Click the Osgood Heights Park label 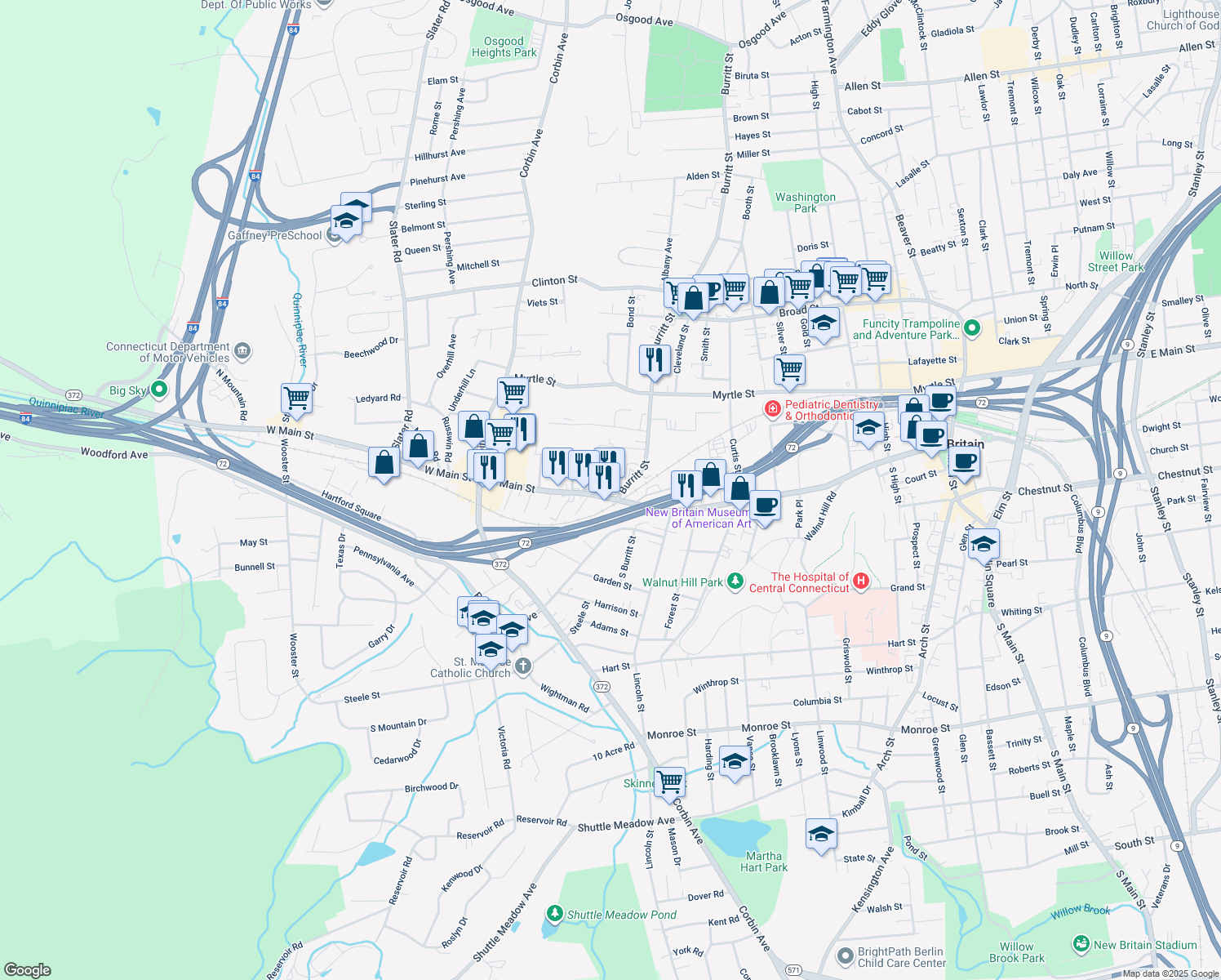504,47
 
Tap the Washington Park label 805,203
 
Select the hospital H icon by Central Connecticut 860,581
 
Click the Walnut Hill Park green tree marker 736,581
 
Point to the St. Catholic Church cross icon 524,666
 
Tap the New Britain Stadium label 1145,945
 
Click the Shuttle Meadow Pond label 621,915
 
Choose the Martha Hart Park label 763,862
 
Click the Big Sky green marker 159,390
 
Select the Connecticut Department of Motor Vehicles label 168,352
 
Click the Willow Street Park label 1116,261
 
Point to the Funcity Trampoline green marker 971,328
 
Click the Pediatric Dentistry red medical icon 771,408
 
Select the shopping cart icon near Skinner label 669,781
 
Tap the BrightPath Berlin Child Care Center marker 846,955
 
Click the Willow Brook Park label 1016,952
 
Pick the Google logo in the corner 28,969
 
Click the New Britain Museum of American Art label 698,518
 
